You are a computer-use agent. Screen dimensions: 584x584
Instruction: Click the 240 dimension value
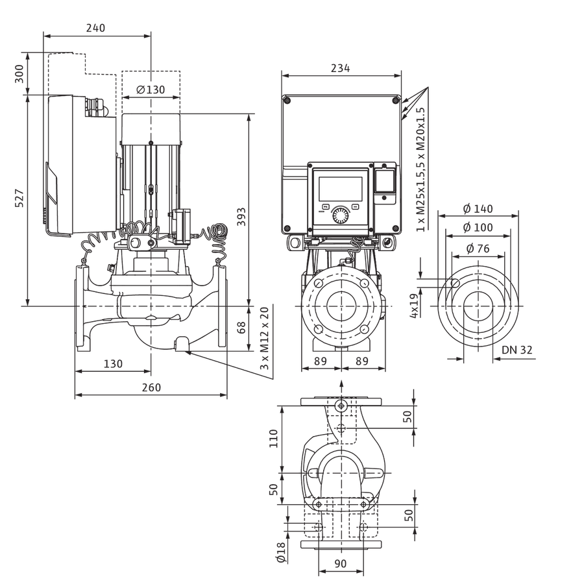pos(96,28)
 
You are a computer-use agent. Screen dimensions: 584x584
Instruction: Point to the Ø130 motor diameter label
pos(151,90)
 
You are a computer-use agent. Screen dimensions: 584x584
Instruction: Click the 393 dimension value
pos(241,217)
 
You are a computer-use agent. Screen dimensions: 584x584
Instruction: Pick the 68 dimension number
pos(241,328)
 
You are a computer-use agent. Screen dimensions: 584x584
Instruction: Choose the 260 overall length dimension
pos(152,387)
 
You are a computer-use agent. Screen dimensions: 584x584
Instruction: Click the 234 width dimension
pos(341,69)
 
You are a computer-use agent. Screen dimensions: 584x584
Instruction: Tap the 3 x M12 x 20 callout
pos(264,339)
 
